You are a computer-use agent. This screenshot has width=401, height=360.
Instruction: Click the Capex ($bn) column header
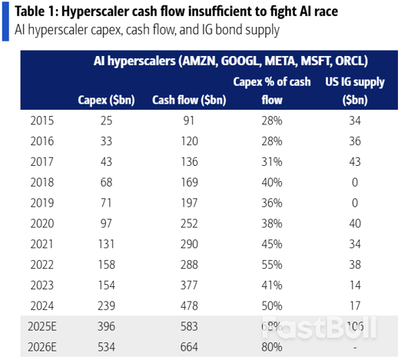point(107,99)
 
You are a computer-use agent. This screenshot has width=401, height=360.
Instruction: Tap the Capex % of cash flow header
point(271,90)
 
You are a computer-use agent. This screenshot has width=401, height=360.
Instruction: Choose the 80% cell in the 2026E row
point(271,347)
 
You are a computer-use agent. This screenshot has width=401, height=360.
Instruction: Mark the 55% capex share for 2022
point(271,265)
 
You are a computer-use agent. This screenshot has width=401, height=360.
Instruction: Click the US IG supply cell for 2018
point(354,182)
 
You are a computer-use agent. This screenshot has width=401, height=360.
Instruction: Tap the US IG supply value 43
point(354,161)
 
